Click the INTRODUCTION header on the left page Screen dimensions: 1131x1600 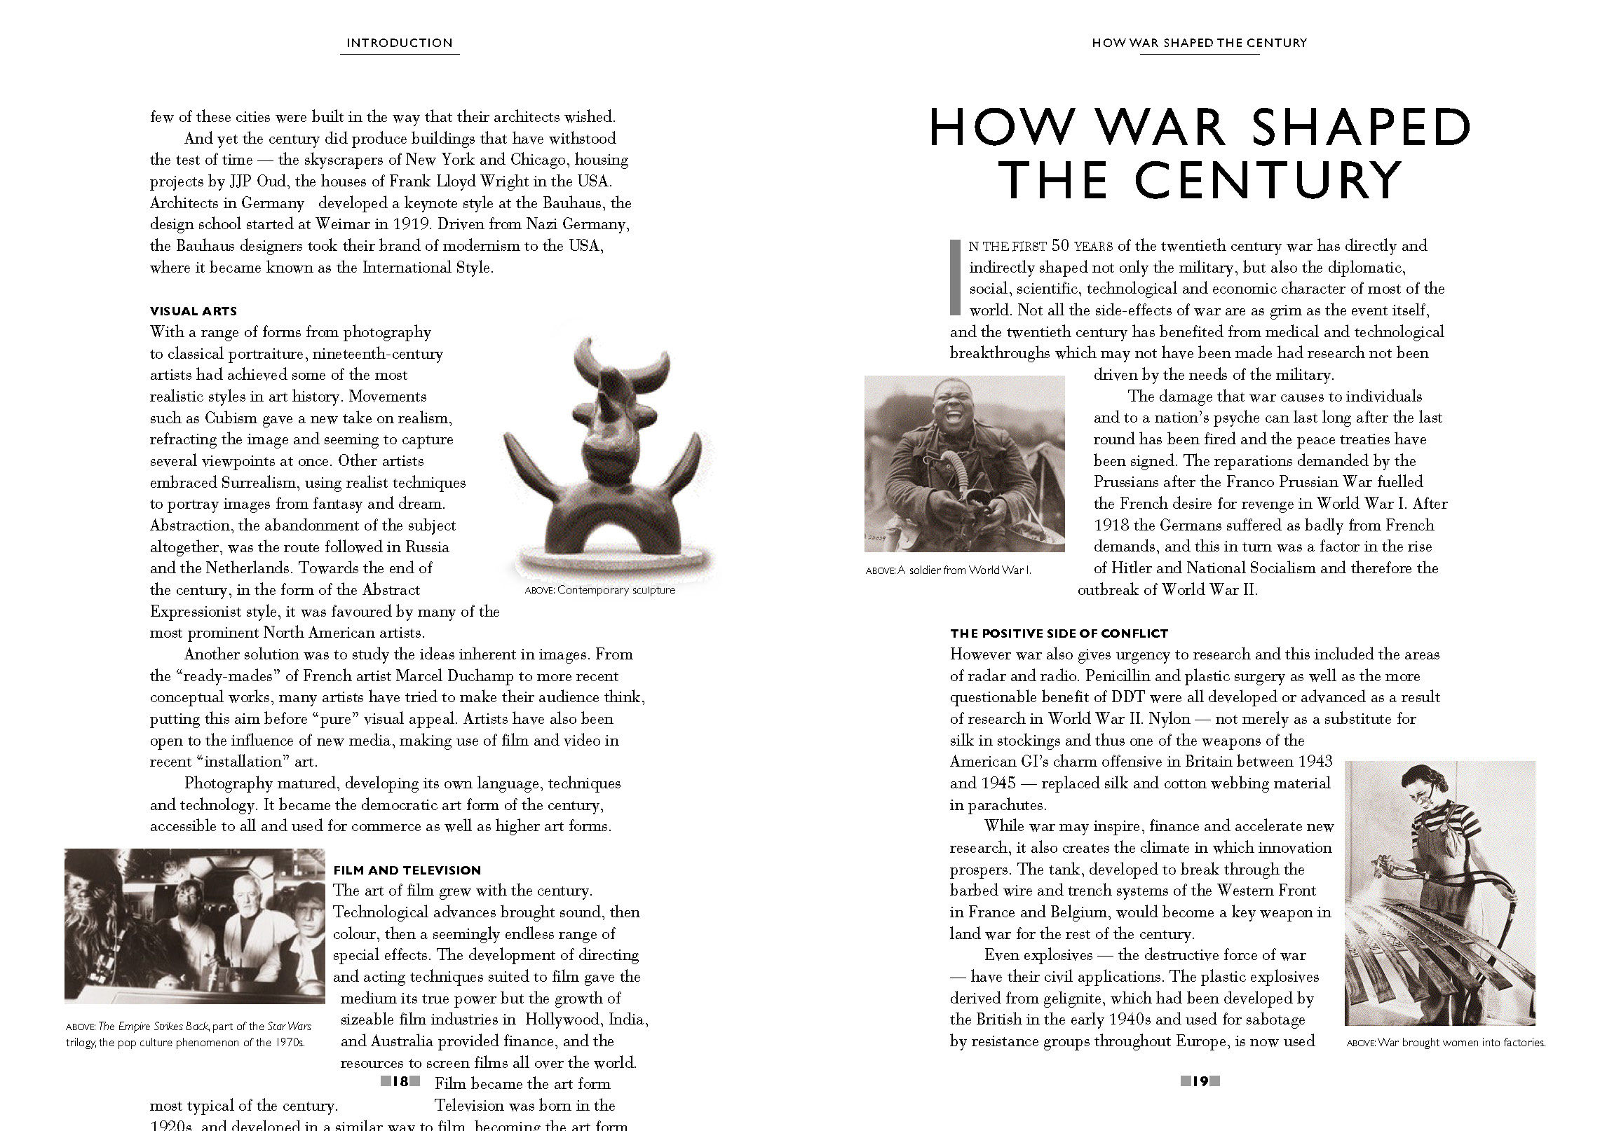pyautogui.click(x=400, y=43)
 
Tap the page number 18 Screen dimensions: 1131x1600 pyautogui.click(x=400, y=1081)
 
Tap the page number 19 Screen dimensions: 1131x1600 pyautogui.click(x=1200, y=1081)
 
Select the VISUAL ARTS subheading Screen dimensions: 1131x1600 pyautogui.click(x=194, y=311)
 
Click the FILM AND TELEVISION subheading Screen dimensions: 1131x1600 pyautogui.click(x=407, y=870)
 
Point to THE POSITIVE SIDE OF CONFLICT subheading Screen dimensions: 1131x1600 pyautogui.click(x=1059, y=633)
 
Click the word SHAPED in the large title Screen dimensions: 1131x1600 pyautogui.click(x=1360, y=128)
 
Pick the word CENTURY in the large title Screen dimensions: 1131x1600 pyautogui.click(x=1268, y=181)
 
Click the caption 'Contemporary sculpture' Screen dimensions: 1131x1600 pyautogui.click(x=616, y=590)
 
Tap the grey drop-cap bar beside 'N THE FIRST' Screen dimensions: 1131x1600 pyautogui.click(x=954, y=277)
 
